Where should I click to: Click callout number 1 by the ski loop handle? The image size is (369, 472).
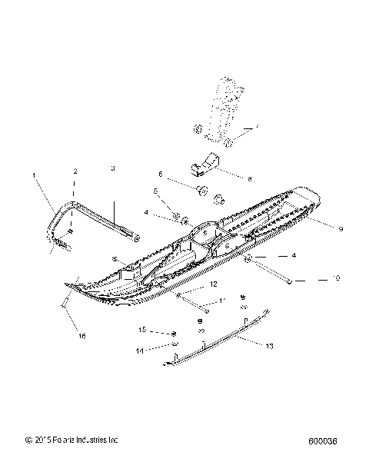(x=35, y=176)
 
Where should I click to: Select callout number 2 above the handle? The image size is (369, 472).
(x=75, y=171)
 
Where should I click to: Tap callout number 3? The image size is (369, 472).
(x=112, y=168)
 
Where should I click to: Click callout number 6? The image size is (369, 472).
(x=161, y=174)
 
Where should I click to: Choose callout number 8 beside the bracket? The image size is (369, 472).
(x=250, y=178)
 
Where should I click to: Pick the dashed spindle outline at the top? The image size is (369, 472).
(x=223, y=108)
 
